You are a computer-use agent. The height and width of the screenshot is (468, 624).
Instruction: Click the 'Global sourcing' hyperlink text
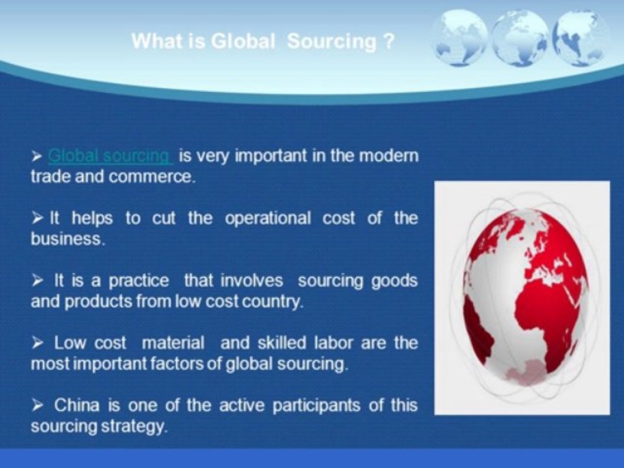110,155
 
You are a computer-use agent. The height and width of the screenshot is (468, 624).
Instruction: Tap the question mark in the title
389,40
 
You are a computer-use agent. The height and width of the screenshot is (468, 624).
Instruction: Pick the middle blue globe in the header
520,38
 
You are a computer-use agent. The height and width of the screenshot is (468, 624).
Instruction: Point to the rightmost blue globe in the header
581,38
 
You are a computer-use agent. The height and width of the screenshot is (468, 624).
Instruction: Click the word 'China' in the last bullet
77,405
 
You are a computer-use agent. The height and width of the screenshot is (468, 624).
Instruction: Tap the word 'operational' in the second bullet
268,218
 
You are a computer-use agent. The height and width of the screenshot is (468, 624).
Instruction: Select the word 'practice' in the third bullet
139,281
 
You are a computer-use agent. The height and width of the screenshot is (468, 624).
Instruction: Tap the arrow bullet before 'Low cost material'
37,343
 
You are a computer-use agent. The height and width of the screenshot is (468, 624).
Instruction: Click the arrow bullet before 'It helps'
37,218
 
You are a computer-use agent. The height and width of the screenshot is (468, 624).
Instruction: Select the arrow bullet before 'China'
37,405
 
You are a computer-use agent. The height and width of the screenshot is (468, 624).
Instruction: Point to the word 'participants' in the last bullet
317,406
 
